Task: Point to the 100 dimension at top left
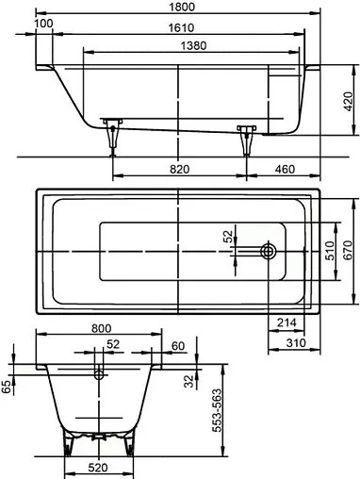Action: pos(43,23)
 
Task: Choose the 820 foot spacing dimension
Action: pos(180,169)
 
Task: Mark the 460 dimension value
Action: pos(282,169)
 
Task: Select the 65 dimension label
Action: pos(8,388)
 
